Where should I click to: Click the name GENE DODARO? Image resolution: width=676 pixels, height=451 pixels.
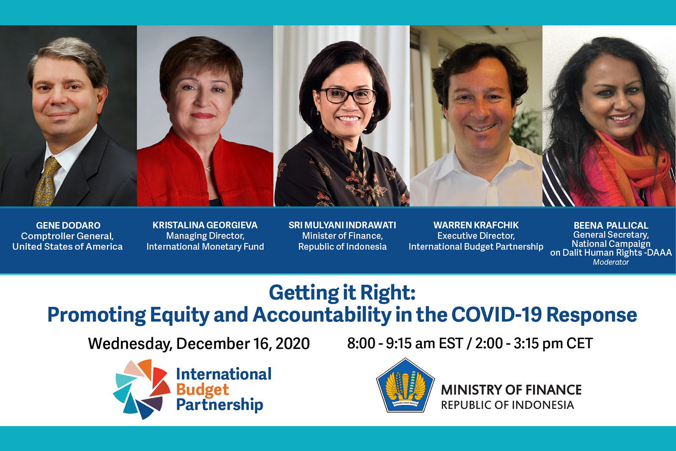point(68,225)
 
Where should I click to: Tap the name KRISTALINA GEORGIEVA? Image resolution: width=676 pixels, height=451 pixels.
point(205,225)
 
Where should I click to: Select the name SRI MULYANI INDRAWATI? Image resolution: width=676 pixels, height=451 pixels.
point(342,225)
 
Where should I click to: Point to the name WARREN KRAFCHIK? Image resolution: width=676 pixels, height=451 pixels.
point(476,225)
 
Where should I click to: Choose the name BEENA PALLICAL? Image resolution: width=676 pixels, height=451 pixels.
point(611,225)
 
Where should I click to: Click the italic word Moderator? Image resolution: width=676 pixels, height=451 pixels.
point(611,262)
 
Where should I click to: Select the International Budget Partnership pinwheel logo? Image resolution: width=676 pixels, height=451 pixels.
point(141,389)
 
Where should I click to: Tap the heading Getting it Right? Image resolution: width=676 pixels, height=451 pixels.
point(342,293)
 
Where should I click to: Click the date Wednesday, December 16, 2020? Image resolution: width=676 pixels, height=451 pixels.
point(199,344)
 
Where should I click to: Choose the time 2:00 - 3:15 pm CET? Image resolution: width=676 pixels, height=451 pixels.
point(534,343)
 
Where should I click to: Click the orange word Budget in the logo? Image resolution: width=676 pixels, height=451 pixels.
point(202,390)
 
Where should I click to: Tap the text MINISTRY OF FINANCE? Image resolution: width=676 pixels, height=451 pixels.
point(511,390)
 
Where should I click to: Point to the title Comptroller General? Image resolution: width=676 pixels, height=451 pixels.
point(67,236)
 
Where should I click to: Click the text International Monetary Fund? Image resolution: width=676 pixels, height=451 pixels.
point(205,246)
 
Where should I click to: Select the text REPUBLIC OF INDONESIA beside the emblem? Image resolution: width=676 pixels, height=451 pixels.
point(507,405)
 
